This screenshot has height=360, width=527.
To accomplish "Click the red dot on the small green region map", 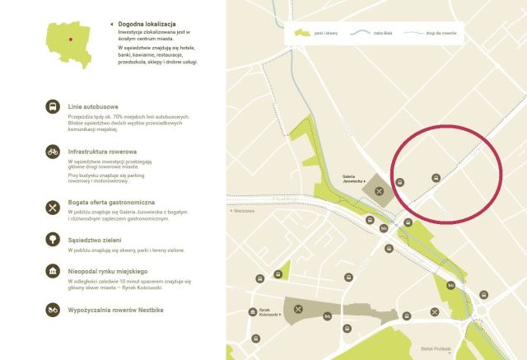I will point(71,38).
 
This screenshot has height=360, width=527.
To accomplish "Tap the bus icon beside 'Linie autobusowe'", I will point(53,107).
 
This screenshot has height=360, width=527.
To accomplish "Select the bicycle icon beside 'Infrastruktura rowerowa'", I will point(53,152).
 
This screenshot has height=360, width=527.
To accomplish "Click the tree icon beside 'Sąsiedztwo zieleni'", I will point(53,239).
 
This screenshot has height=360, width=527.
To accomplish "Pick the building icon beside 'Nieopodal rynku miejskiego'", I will point(53,271).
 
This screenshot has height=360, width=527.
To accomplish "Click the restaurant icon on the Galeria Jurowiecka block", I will point(379,191).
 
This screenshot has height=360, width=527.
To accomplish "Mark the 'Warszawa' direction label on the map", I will point(245,211).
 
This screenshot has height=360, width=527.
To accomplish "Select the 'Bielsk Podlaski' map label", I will point(436,349).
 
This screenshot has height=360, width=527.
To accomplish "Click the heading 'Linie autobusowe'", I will point(96,105).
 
